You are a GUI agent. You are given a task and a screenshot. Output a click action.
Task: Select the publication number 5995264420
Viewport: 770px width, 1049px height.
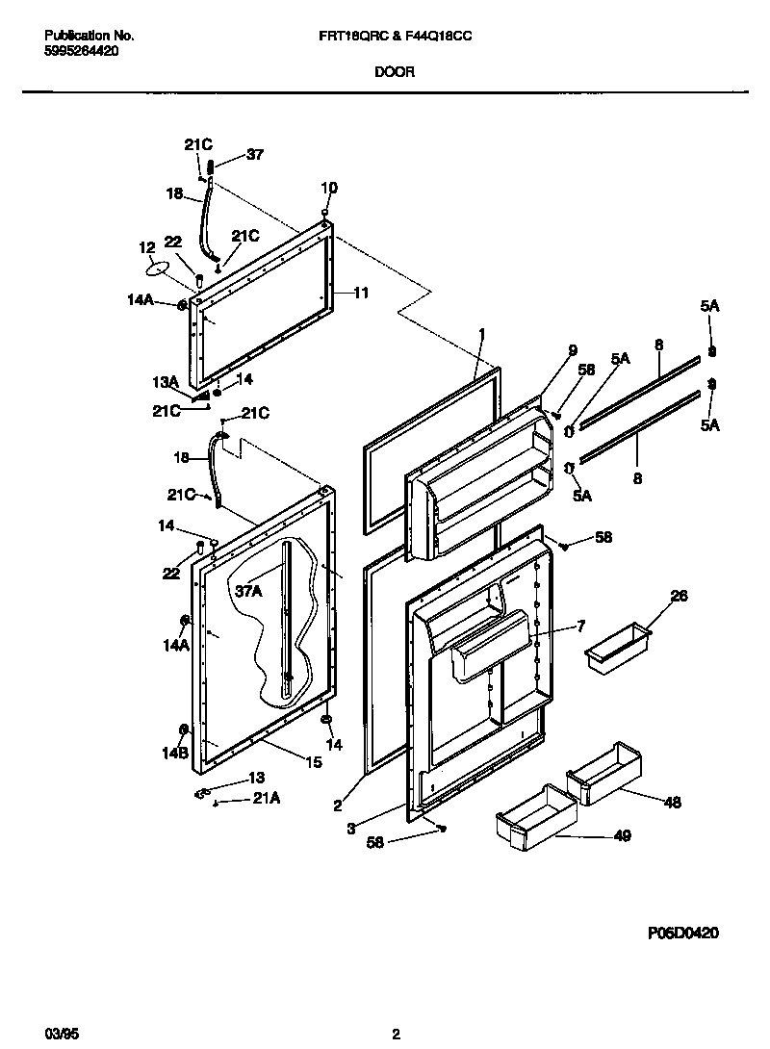pyautogui.click(x=82, y=51)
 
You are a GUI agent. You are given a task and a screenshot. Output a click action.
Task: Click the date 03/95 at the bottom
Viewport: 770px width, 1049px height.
pyautogui.click(x=60, y=1034)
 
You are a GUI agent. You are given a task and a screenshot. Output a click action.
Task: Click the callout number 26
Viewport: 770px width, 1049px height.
pyautogui.click(x=679, y=597)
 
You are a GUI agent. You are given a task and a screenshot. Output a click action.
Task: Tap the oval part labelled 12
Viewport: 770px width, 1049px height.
pyautogui.click(x=163, y=269)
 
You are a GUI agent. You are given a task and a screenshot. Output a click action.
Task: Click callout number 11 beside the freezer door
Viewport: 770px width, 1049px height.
pyautogui.click(x=361, y=293)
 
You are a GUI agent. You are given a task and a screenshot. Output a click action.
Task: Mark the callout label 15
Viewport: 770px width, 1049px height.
pyautogui.click(x=313, y=763)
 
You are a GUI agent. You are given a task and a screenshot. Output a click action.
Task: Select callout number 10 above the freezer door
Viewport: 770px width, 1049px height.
pyautogui.click(x=329, y=188)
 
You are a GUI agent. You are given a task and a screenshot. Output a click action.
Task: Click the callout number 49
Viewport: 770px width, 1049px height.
pyautogui.click(x=622, y=836)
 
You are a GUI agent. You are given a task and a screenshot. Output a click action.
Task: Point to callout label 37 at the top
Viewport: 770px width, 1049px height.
pyautogui.click(x=254, y=154)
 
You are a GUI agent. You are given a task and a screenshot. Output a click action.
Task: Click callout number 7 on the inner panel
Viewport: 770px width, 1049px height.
pyautogui.click(x=580, y=627)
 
